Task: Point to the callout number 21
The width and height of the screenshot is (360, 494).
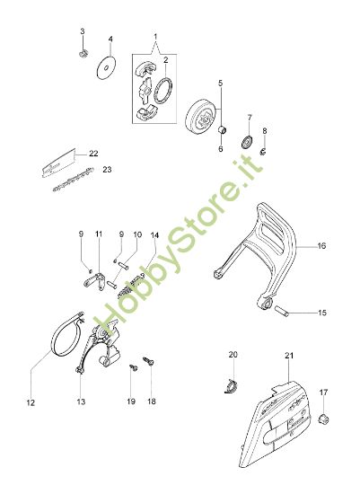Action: [x=288, y=356]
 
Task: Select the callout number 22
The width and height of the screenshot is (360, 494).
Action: [x=93, y=154]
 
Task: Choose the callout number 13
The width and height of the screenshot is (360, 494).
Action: [x=80, y=402]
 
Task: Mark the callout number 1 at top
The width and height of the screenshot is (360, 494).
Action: [x=154, y=38]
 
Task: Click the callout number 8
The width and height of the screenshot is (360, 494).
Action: [x=264, y=132]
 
